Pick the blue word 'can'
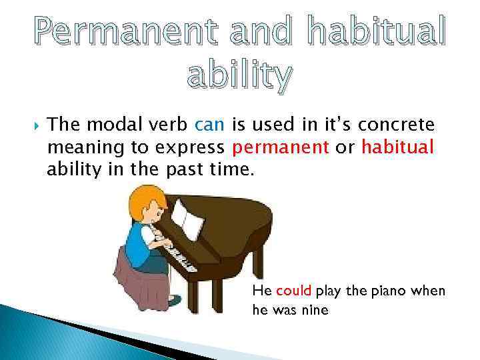tap(211, 124)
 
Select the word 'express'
tap(198, 147)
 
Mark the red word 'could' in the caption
tap(293, 291)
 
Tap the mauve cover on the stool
tap(133, 280)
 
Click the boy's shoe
tap(174, 301)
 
